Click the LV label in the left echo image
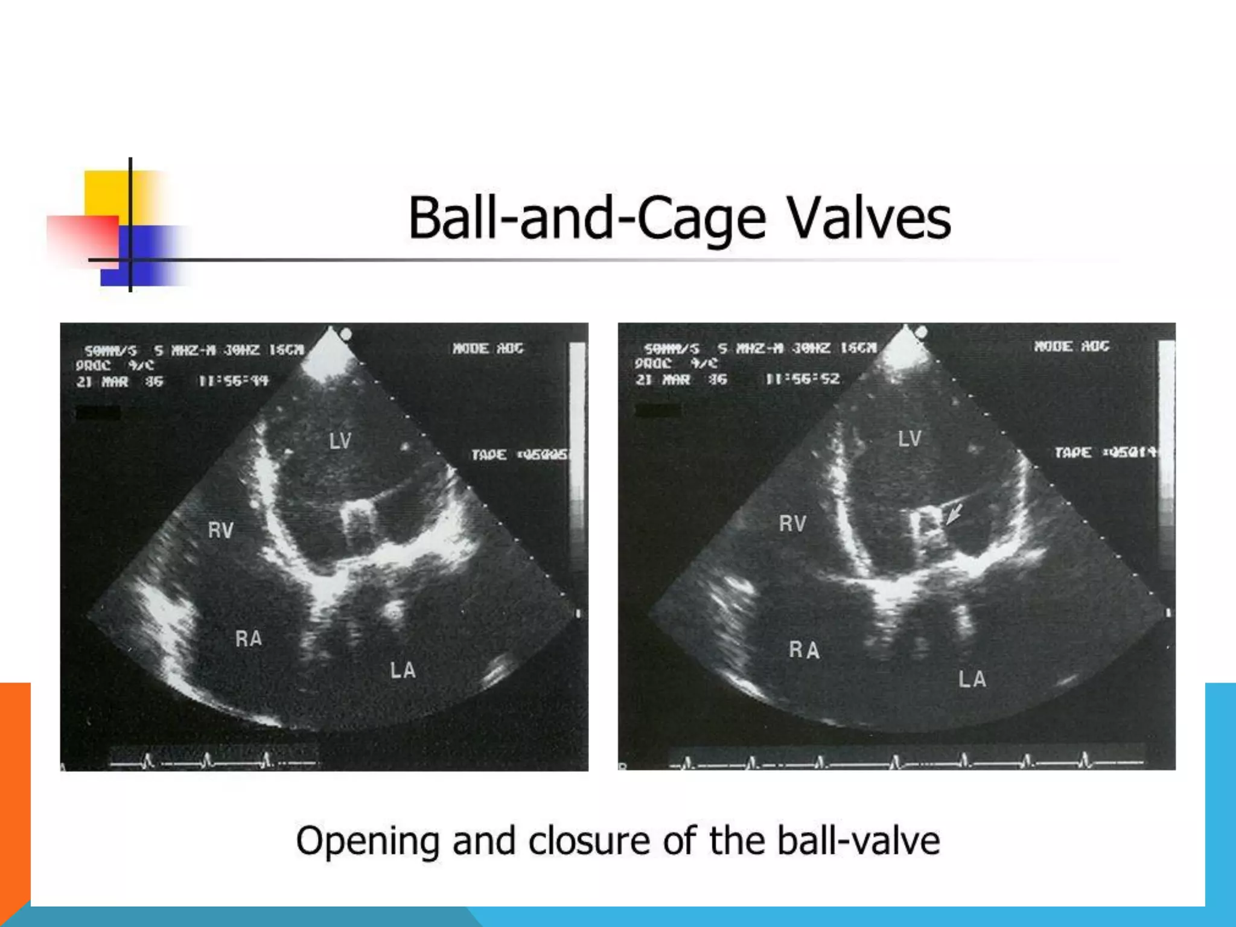pos(340,441)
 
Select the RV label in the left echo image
pos(220,530)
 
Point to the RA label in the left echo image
pos(249,639)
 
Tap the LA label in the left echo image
pos(403,671)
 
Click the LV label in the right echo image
pos(909,439)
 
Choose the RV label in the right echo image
pos(792,524)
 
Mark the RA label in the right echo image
pos(804,650)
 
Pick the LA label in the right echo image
pos(972,680)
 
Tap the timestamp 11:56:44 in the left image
pos(234,381)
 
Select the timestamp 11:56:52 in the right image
pos(803,379)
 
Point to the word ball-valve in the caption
pos(858,841)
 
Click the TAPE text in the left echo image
pos(489,454)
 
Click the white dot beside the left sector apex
pos(346,334)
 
